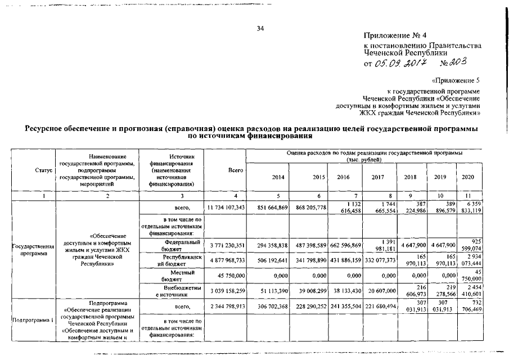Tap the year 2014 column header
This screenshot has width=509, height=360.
[278, 177]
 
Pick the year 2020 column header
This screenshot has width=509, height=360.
[468, 177]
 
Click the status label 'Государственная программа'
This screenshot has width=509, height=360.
[31, 249]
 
